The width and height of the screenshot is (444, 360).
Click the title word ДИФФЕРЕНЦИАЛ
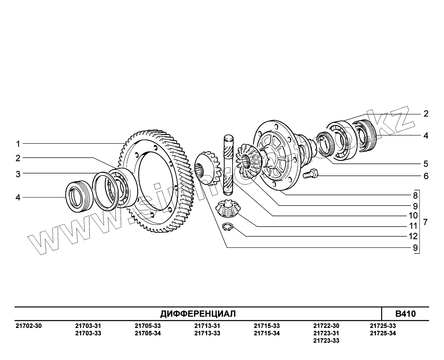coord(198,314)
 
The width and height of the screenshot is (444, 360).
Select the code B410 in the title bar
coord(405,314)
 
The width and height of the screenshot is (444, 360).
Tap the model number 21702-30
coord(28,326)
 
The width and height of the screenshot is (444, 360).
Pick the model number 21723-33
coord(326,341)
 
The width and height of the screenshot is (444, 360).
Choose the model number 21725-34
coord(382,333)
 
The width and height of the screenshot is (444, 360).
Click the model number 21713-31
coord(207,326)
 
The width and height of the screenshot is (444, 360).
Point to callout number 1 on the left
coord(18,144)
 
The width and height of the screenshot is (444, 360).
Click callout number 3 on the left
coord(18,174)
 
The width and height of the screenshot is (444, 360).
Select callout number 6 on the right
coord(426,176)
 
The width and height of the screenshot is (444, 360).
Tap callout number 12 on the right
coord(413,236)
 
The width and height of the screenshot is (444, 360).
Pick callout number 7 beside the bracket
coord(425,222)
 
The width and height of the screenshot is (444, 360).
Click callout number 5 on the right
coord(426,163)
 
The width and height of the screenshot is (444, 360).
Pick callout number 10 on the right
coord(413,216)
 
